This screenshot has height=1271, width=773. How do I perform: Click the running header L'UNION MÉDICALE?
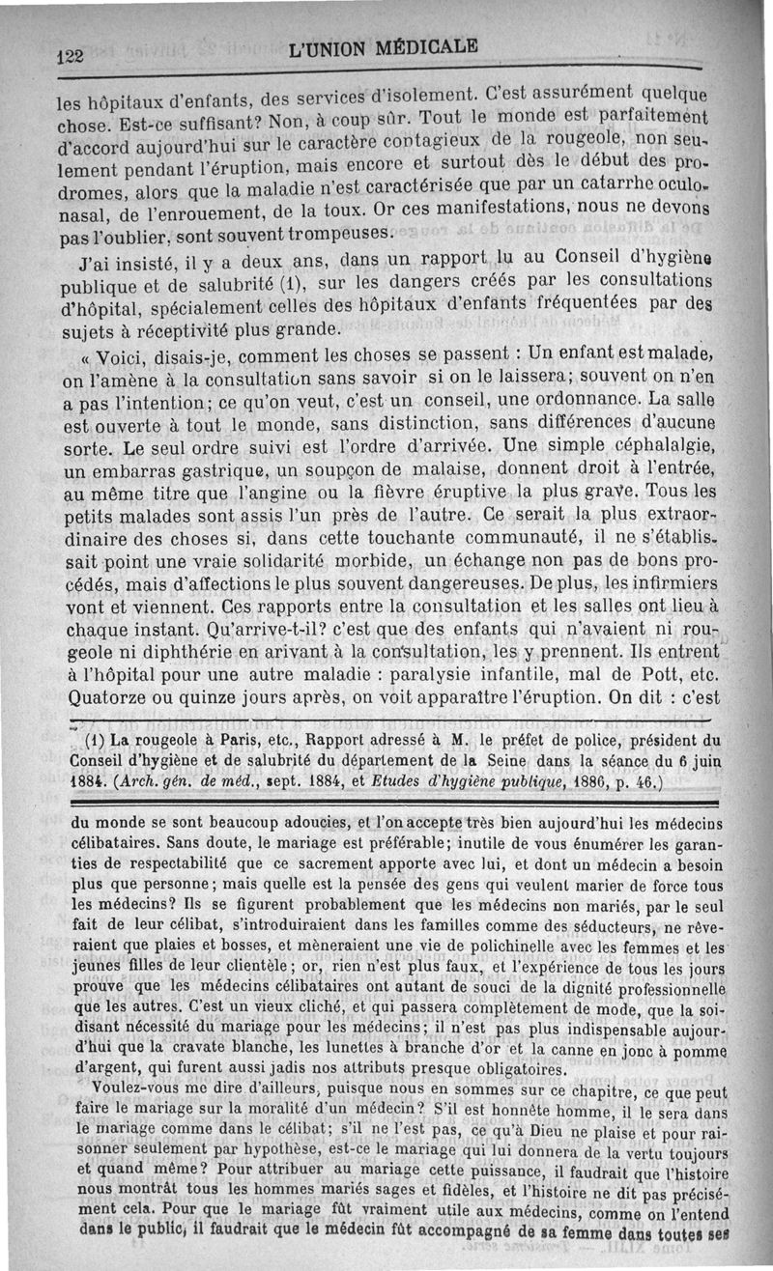point(383,48)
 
